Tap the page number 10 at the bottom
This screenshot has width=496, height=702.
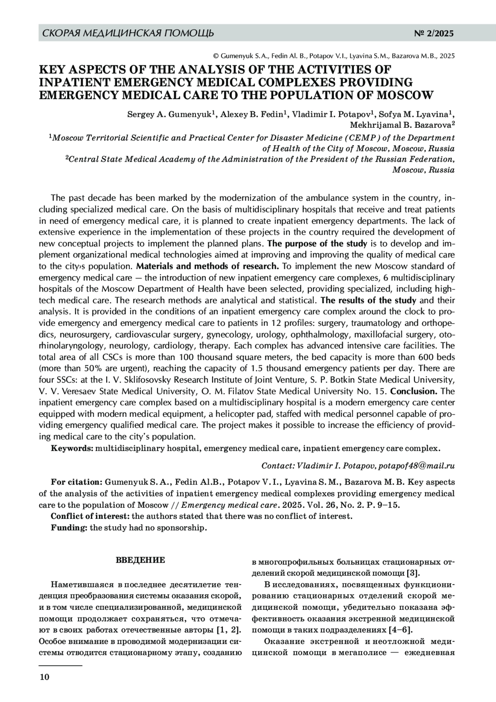click(x=44, y=677)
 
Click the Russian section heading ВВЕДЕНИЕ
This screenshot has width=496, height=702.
click(x=140, y=560)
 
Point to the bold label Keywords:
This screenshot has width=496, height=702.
click(x=72, y=448)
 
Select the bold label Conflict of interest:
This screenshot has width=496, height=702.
click(x=91, y=516)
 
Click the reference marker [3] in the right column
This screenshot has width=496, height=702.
click(x=413, y=573)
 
